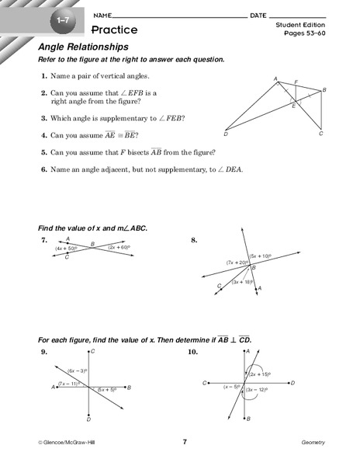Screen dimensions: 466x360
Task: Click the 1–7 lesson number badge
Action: [59, 18]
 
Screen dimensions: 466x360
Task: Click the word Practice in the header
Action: [114, 30]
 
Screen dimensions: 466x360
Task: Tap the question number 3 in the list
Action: [44, 118]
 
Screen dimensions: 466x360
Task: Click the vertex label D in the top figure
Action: [225, 135]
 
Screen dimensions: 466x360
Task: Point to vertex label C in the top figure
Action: [320, 134]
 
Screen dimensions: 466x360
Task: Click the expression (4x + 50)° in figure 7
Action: [61, 249]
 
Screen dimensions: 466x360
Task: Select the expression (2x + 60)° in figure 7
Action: [122, 248]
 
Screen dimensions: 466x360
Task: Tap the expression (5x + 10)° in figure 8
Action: [261, 255]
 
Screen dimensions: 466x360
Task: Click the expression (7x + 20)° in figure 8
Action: [237, 263]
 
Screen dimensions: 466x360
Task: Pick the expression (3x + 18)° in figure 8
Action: [241, 282]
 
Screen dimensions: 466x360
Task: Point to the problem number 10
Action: [192, 352]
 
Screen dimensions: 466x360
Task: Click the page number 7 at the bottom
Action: [185, 442]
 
